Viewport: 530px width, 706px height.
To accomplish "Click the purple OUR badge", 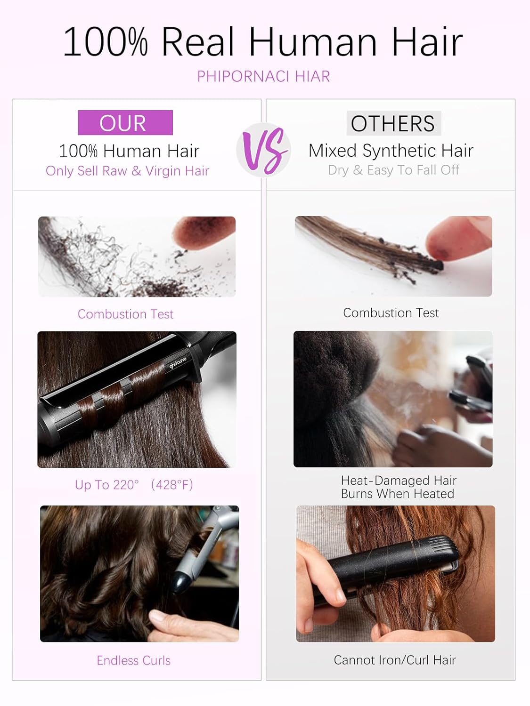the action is tap(125, 122).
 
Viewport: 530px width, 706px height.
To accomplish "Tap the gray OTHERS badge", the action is tap(393, 123).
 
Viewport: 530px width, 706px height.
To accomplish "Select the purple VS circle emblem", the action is tap(264, 150).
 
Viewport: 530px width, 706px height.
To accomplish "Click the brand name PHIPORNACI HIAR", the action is tap(263, 77).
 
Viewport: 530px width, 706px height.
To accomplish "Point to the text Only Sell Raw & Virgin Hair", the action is tap(127, 171).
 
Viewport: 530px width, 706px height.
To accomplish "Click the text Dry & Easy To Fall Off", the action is tap(393, 170).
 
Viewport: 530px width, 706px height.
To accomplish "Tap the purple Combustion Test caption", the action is tap(125, 314).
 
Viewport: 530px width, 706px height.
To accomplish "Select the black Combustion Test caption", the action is tap(391, 313).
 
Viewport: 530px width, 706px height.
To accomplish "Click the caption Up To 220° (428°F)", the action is tap(134, 485).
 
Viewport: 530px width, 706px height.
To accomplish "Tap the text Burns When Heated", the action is tap(398, 494).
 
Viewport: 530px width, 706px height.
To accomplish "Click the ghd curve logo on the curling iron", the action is tap(178, 363).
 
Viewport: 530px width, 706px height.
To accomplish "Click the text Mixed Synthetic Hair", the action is tap(391, 151).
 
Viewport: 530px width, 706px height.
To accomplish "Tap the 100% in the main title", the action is tap(106, 42).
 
